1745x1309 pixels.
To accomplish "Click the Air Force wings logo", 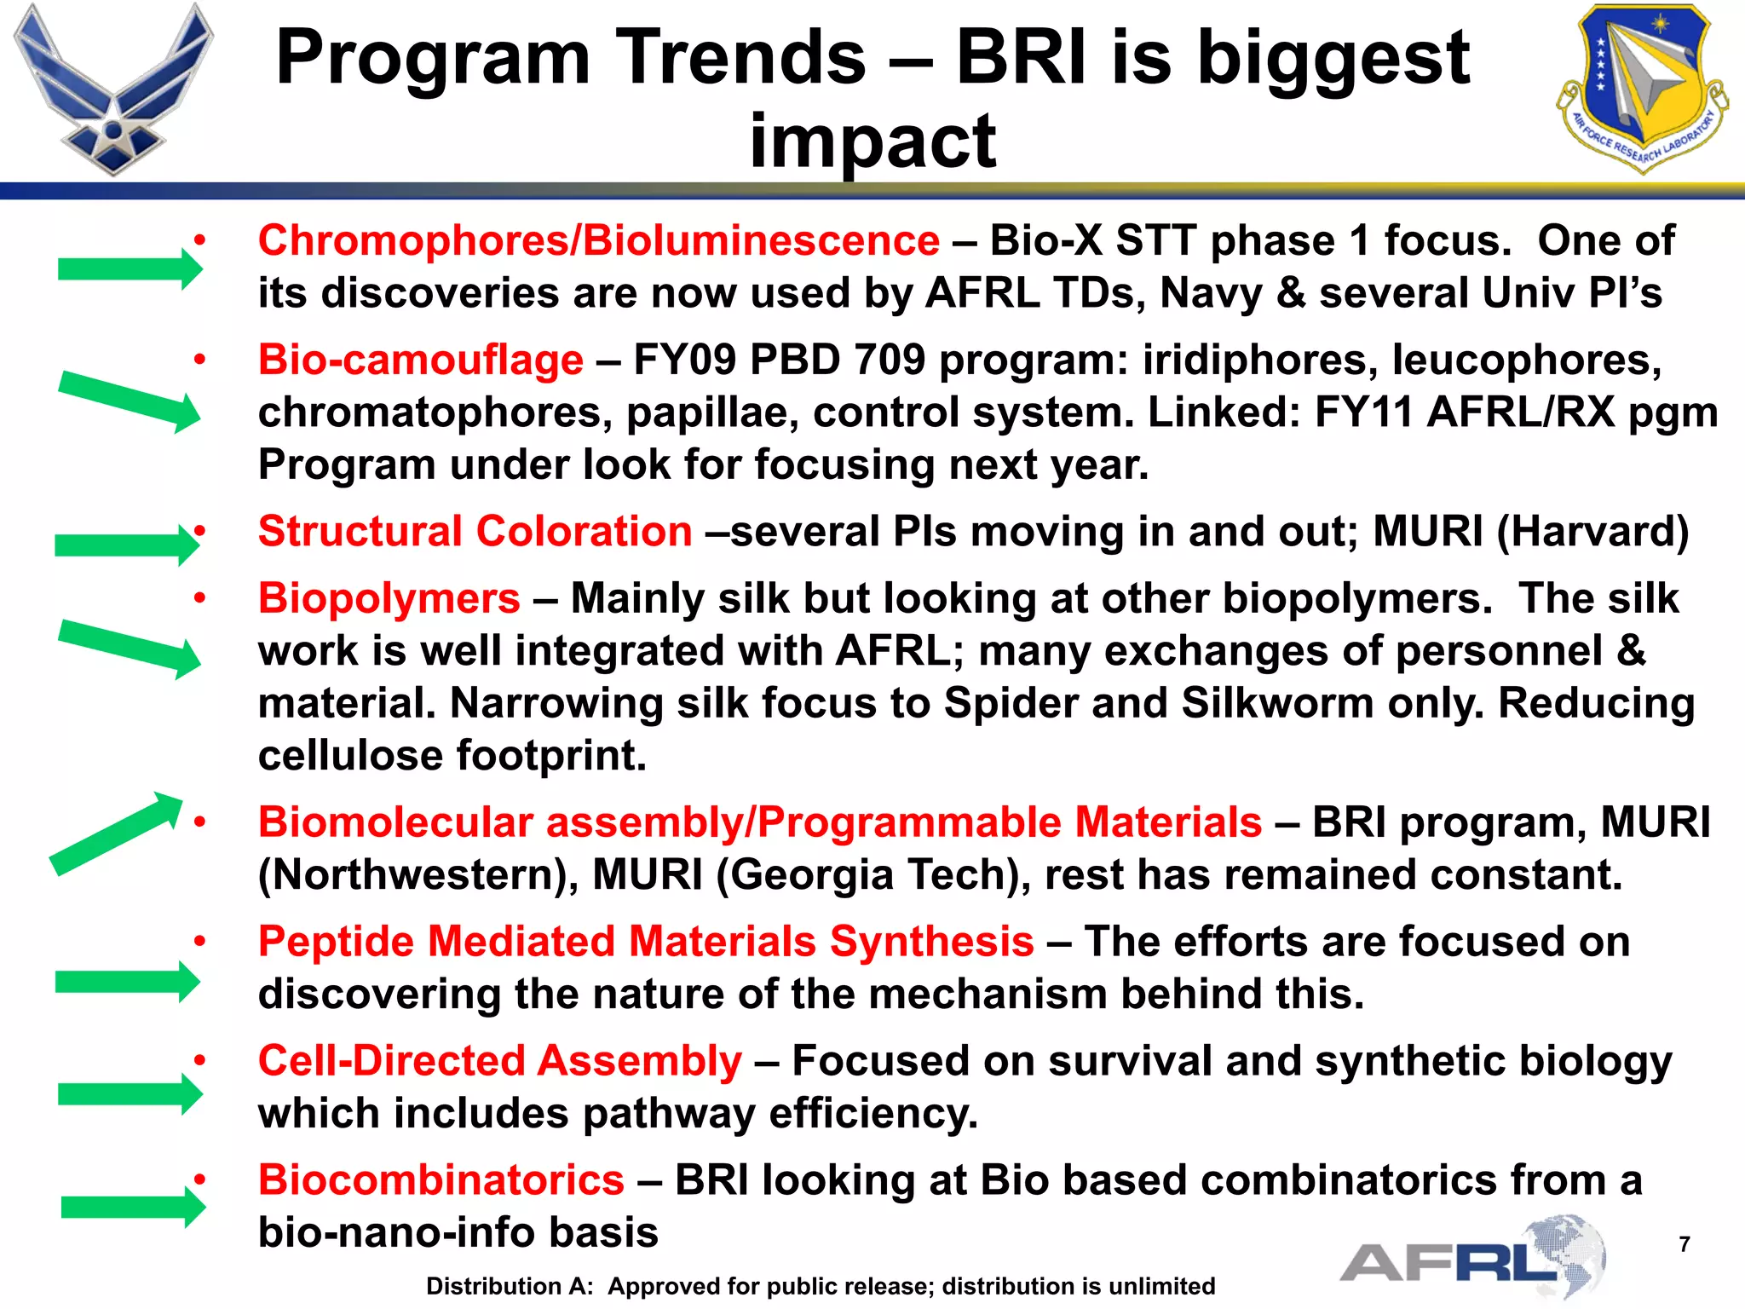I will click(112, 89).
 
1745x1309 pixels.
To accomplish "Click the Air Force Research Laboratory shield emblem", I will click(1641, 87).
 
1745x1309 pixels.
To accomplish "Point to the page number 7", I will click(1684, 1244).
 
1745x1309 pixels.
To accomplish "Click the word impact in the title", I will click(872, 141).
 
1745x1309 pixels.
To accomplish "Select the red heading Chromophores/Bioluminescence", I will click(598, 240).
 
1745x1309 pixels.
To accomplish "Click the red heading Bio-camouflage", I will click(421, 360).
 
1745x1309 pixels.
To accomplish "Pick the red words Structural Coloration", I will click(475, 532).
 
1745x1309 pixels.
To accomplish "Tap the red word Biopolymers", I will click(389, 598).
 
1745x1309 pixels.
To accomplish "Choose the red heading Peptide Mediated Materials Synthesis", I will click(646, 942).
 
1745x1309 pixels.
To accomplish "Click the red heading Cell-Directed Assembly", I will click(499, 1061).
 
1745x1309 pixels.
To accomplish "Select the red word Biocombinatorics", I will click(441, 1180).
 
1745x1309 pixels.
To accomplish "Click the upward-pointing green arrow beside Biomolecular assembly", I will click(115, 833).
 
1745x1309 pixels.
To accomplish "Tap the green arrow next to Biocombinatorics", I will click(132, 1207).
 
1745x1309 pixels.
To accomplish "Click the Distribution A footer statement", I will click(820, 1286).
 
